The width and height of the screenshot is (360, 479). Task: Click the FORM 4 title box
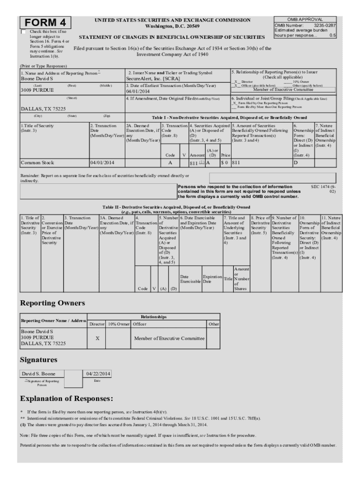[45, 23]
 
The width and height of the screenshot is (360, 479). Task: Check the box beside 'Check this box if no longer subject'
[24, 32]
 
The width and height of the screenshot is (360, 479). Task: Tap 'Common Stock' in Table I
[37, 163]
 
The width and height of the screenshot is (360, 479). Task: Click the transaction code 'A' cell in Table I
[170, 163]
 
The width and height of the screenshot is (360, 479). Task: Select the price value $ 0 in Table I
[224, 163]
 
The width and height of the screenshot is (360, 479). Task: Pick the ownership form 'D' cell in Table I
[295, 163]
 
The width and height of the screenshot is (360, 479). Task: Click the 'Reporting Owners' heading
[52, 303]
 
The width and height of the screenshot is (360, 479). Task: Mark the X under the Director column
[97, 338]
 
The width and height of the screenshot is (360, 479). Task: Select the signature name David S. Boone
[39, 374]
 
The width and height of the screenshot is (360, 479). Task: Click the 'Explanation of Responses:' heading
[66, 399]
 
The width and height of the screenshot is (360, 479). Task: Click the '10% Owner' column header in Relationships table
[118, 324]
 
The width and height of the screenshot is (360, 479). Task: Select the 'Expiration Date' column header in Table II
[211, 279]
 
